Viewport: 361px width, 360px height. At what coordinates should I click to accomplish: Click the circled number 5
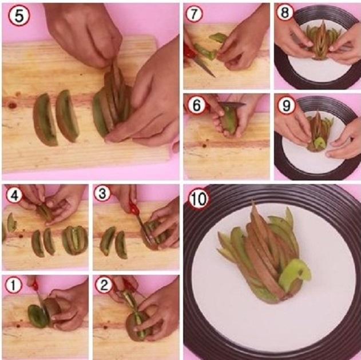(x=19, y=15)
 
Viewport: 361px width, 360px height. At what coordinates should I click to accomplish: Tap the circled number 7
(x=194, y=14)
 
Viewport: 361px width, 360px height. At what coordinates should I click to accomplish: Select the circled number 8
(x=285, y=12)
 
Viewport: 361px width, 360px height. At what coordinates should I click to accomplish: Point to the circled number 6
(x=196, y=105)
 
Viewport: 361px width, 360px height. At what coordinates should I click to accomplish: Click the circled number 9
(x=286, y=106)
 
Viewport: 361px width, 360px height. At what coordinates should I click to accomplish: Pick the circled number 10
(x=199, y=199)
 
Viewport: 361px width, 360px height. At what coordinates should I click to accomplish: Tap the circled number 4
(x=14, y=195)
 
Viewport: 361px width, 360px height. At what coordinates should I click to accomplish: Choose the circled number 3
(x=102, y=194)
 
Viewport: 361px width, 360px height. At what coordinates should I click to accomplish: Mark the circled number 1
(x=13, y=285)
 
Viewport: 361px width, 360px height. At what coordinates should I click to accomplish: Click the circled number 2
(x=104, y=285)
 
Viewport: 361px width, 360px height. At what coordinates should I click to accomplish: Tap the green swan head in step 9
(x=320, y=143)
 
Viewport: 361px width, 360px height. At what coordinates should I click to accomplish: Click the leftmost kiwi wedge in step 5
(x=45, y=120)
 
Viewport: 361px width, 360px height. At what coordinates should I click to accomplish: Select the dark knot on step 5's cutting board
(x=11, y=106)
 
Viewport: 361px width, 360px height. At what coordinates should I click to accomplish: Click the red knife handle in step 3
(x=133, y=208)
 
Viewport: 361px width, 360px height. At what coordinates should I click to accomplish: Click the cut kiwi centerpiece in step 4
(x=75, y=240)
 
